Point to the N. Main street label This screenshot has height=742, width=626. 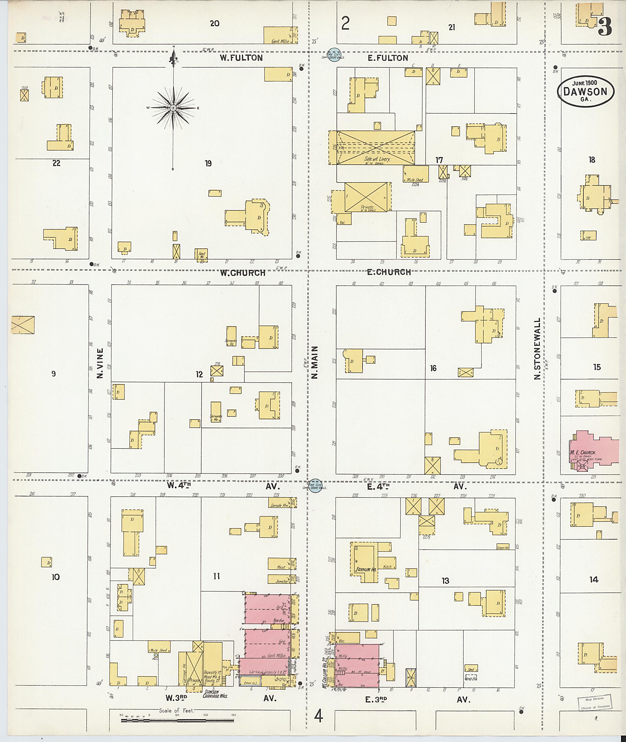(x=315, y=363)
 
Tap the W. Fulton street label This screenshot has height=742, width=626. (x=241, y=58)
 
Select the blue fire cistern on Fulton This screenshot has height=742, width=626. (x=334, y=55)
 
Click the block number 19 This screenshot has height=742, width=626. (x=208, y=163)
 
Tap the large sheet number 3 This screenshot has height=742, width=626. (x=605, y=27)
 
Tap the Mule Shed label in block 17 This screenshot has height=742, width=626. (x=415, y=180)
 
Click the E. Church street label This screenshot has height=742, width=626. (x=388, y=272)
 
